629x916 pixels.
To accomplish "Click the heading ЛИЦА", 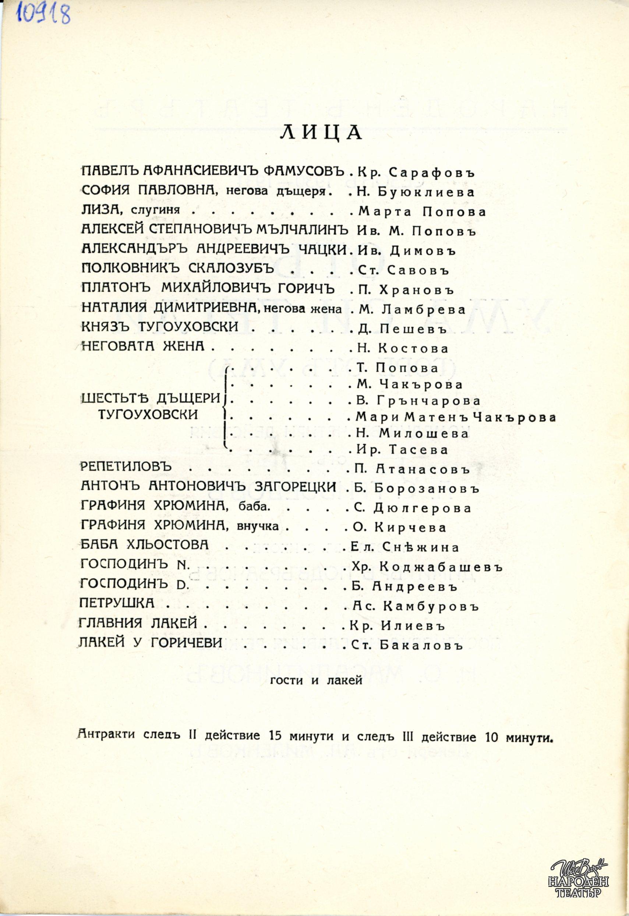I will (x=321, y=133).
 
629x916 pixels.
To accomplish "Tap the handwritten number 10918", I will (x=43, y=15).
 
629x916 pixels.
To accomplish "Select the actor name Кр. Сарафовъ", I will (x=416, y=172).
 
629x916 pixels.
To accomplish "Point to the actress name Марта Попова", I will (x=422, y=212).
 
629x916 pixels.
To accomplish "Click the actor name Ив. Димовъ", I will (x=406, y=251).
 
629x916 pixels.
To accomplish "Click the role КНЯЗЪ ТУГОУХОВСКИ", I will (x=160, y=327).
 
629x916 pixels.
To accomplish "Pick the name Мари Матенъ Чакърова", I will (x=456, y=417).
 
